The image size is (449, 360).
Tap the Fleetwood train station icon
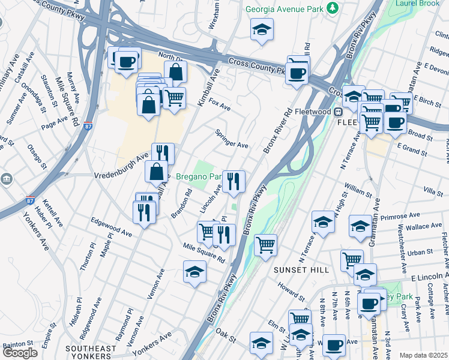(338, 112)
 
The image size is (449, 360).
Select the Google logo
(19, 353)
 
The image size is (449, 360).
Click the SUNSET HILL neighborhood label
(301, 271)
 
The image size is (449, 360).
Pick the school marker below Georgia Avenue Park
(262, 29)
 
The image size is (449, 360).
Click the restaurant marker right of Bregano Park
(233, 181)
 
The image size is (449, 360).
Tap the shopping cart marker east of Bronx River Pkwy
(265, 245)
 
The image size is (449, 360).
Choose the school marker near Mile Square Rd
(194, 272)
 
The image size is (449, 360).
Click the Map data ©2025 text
(423, 355)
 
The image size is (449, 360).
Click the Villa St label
(433, 191)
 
